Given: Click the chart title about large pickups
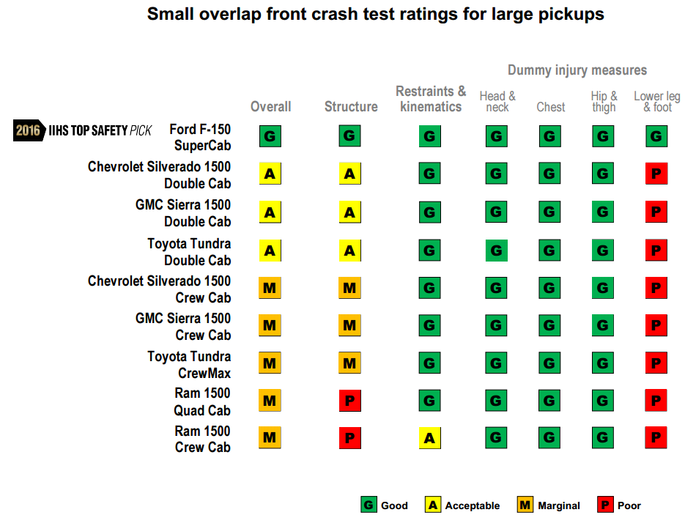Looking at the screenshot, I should (375, 14).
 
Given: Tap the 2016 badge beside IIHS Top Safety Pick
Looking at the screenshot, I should (27, 130).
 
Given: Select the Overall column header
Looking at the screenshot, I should (270, 106).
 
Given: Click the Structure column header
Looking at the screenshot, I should (351, 106).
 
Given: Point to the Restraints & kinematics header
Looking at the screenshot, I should (431, 99).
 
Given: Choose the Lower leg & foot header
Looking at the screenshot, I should (656, 102).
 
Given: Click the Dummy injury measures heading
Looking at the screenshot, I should (577, 70).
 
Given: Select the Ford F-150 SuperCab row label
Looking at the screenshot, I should (200, 137).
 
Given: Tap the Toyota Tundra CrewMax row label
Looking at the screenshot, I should (189, 364).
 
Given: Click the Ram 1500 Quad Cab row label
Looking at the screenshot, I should (201, 401).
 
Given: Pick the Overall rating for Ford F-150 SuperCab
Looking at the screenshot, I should (270, 136).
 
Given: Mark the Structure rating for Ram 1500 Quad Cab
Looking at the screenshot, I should (349, 401).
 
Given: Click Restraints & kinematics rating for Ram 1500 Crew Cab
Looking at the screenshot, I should (429, 438).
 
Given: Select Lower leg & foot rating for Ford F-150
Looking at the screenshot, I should (656, 136).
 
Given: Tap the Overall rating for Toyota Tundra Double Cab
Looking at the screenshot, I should (270, 251).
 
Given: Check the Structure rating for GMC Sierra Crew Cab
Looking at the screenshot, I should (349, 325).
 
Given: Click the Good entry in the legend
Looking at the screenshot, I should (385, 505).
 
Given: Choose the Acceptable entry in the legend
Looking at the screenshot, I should (463, 505).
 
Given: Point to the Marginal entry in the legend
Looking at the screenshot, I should (549, 505).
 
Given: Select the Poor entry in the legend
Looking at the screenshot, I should (620, 505).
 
